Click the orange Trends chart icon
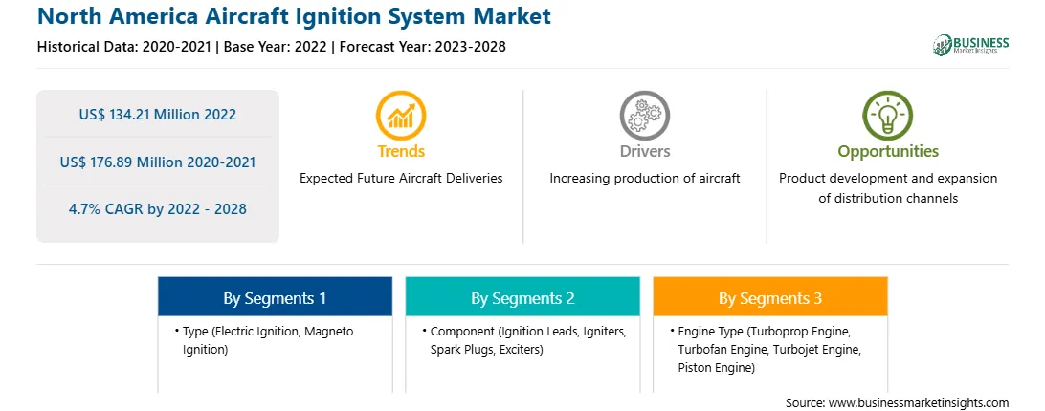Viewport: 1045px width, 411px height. pos(401,116)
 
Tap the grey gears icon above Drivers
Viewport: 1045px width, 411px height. pos(644,116)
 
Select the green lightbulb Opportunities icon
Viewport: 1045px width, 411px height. pos(888,116)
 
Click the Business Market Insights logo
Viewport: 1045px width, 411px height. pos(971,45)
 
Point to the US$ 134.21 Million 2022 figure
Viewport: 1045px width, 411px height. pos(157,114)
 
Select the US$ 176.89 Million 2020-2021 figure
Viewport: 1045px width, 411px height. pos(157,162)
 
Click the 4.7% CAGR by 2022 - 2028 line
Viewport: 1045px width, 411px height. pos(157,209)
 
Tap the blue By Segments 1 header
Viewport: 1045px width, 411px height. pos(275,298)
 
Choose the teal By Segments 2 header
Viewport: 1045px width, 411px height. pos(522,298)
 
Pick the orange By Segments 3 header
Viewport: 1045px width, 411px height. pos(770,298)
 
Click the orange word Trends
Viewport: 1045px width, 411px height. pos(401,151)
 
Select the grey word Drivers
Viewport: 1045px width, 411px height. pos(644,151)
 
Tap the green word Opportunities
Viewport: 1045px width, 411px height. pos(888,152)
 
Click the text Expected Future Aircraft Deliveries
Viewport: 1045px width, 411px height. pos(401,179)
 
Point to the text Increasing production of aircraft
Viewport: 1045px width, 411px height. pos(644,179)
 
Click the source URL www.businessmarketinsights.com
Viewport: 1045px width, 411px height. pos(918,403)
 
